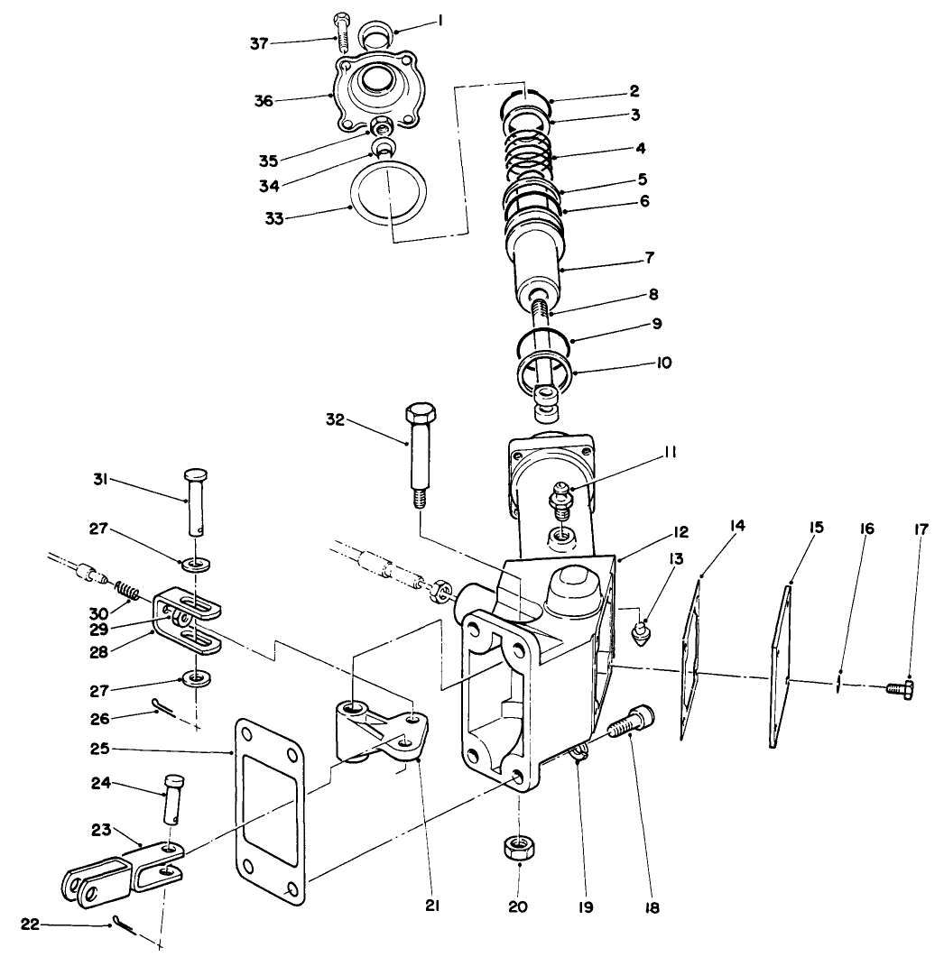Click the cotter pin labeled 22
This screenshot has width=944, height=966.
coord(125,925)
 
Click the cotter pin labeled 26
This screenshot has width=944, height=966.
coord(164,710)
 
